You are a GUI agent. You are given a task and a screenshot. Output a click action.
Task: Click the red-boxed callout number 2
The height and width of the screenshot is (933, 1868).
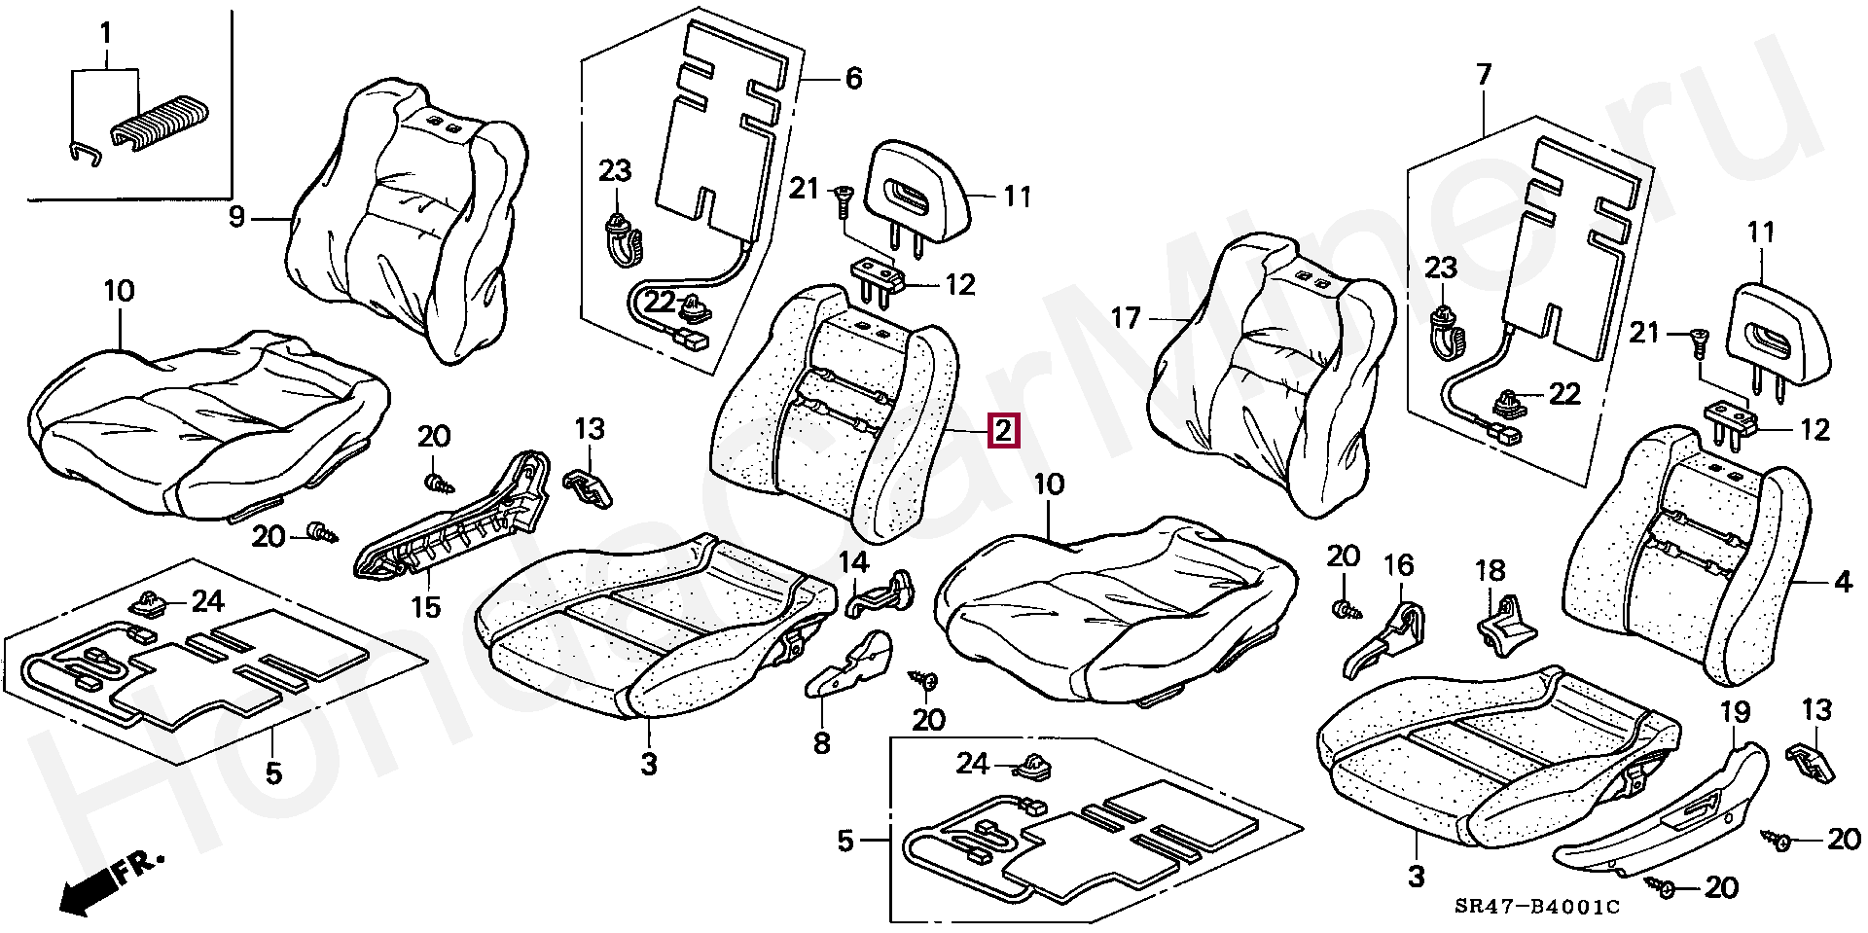pyautogui.click(x=1003, y=430)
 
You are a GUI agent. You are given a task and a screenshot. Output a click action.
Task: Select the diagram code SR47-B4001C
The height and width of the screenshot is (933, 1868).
pyautogui.click(x=1537, y=907)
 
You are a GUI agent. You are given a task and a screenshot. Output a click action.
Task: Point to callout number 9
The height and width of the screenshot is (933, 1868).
pyautogui.click(x=236, y=216)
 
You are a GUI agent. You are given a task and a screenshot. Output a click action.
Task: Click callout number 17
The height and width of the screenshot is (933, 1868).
pyautogui.click(x=1126, y=318)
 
